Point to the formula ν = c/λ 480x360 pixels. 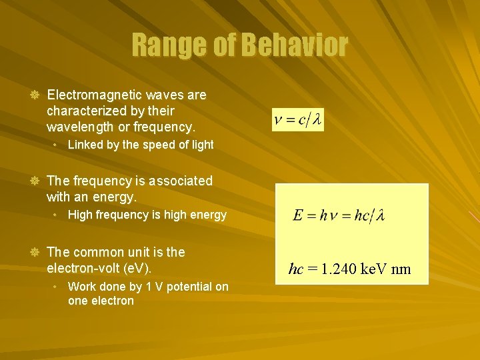click(298, 120)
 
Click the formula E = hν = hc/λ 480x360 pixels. click(338, 215)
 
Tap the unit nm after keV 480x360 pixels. click(401, 269)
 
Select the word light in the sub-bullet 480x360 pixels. click(201, 145)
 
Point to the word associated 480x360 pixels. click(173, 181)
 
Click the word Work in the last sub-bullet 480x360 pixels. click(82, 287)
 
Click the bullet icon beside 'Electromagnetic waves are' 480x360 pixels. click(35, 95)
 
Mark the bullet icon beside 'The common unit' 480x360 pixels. click(35, 253)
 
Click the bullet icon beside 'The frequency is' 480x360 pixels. click(35, 181)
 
